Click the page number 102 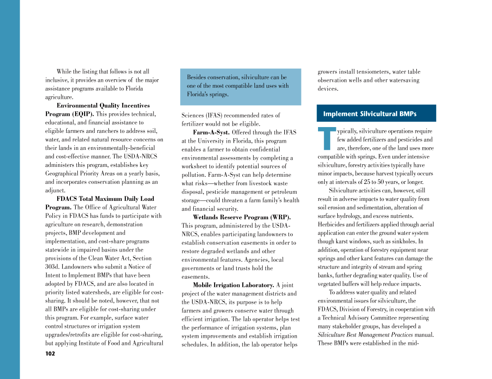pyautogui.click(x=50, y=353)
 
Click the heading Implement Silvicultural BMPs pyautogui.click(x=369, y=114)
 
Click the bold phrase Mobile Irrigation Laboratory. pyautogui.click(x=233, y=285)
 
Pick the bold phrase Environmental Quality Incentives pyautogui.click(x=103, y=106)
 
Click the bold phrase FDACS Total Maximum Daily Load pyautogui.click(x=105, y=199)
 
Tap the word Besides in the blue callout pyautogui.click(x=196, y=77)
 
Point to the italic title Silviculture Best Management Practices pyautogui.click(x=365, y=335)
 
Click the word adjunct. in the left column pyautogui.click(x=55, y=190)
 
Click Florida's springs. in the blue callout pyautogui.click(x=208, y=94)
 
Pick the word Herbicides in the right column pyautogui.click(x=331, y=224)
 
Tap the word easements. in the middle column pyautogui.click(x=195, y=277)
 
